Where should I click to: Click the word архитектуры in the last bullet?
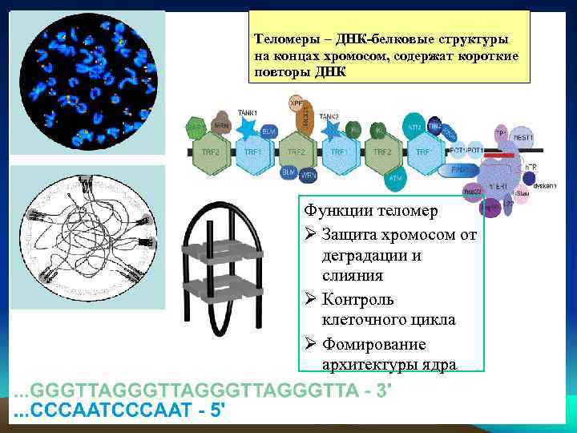[x=370, y=365]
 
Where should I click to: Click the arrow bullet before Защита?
[x=311, y=234]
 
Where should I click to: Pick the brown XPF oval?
[x=297, y=103]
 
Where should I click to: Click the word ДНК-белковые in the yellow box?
[x=357, y=38]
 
